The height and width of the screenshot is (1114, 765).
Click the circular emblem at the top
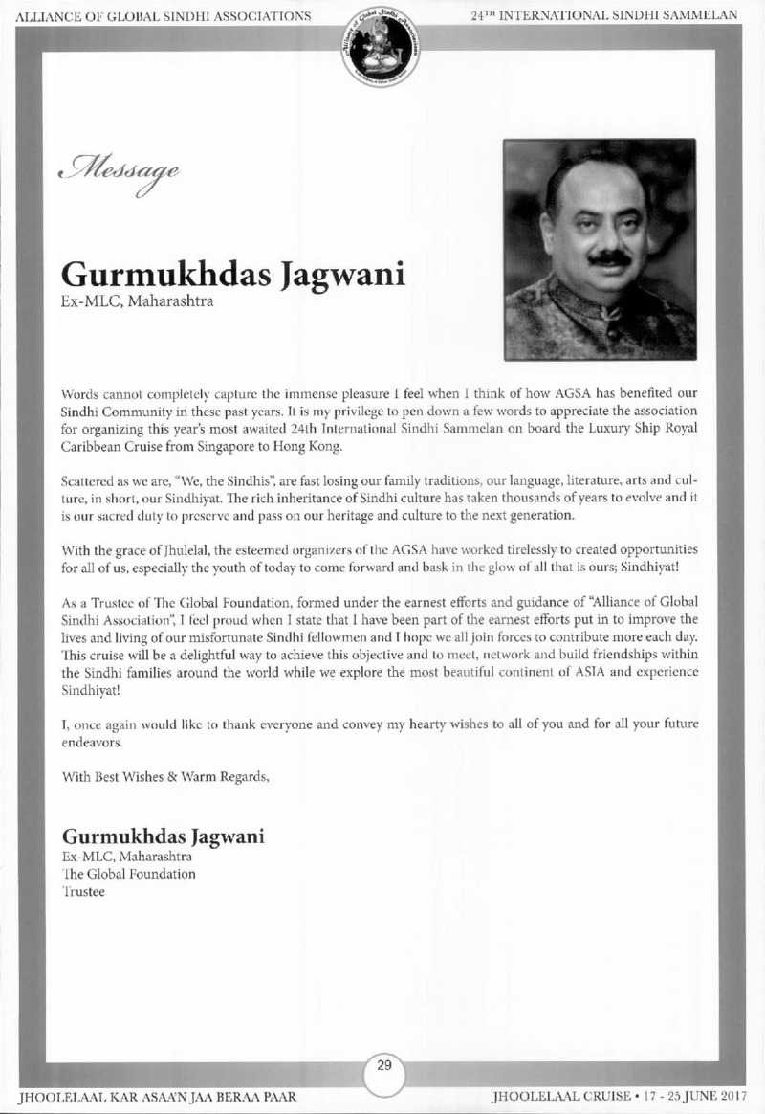[382, 47]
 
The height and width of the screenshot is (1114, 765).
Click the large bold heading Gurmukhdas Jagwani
[233, 275]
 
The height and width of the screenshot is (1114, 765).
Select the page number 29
[382, 1069]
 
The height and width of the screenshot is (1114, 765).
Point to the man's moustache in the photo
[608, 257]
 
